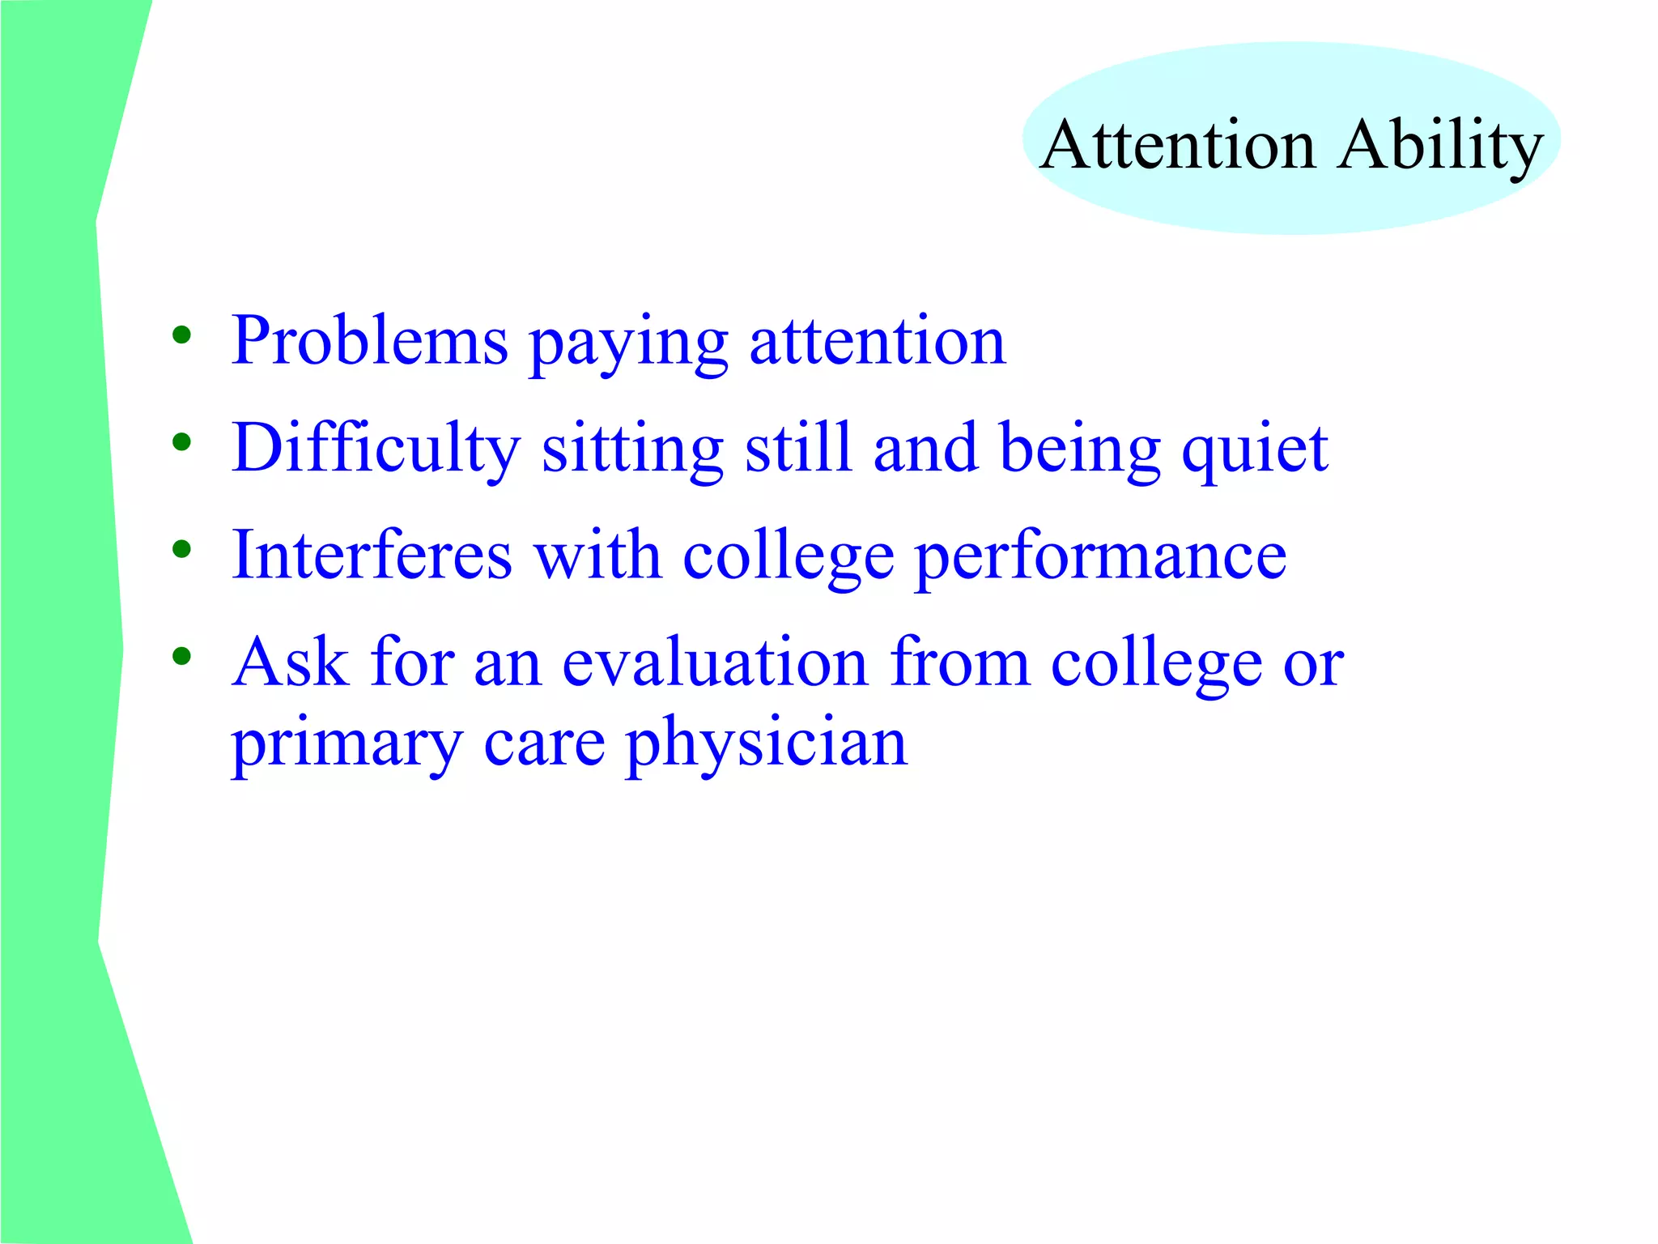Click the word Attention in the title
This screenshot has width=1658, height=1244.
point(1178,145)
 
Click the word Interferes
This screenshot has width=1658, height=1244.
point(372,556)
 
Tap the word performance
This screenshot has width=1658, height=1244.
point(1100,558)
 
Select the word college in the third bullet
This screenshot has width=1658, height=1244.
point(789,558)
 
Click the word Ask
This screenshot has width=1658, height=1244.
point(290,662)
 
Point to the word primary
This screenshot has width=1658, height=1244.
point(346,745)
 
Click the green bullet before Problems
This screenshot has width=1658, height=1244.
point(181,334)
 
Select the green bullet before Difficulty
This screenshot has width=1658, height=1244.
point(181,442)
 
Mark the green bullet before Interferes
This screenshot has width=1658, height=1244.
point(181,550)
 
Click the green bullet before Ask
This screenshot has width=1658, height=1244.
point(181,656)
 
